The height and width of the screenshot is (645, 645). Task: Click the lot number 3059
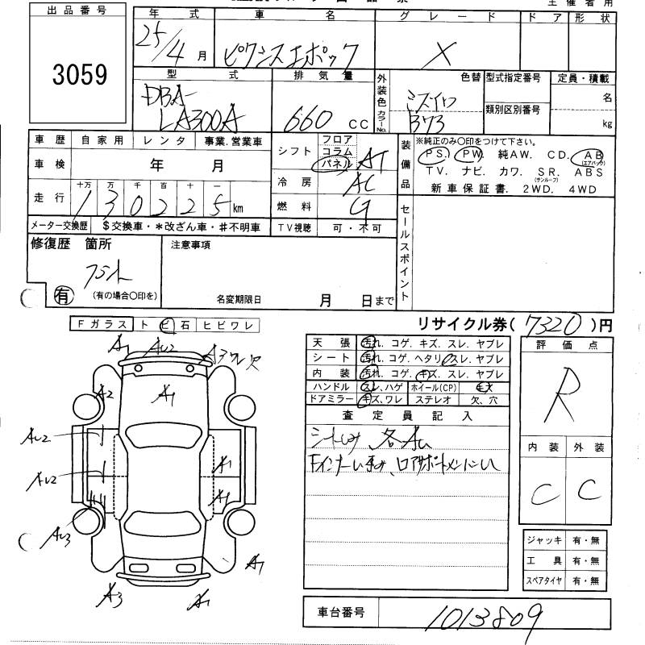(x=79, y=75)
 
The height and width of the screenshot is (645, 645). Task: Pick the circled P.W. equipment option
(x=468, y=154)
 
